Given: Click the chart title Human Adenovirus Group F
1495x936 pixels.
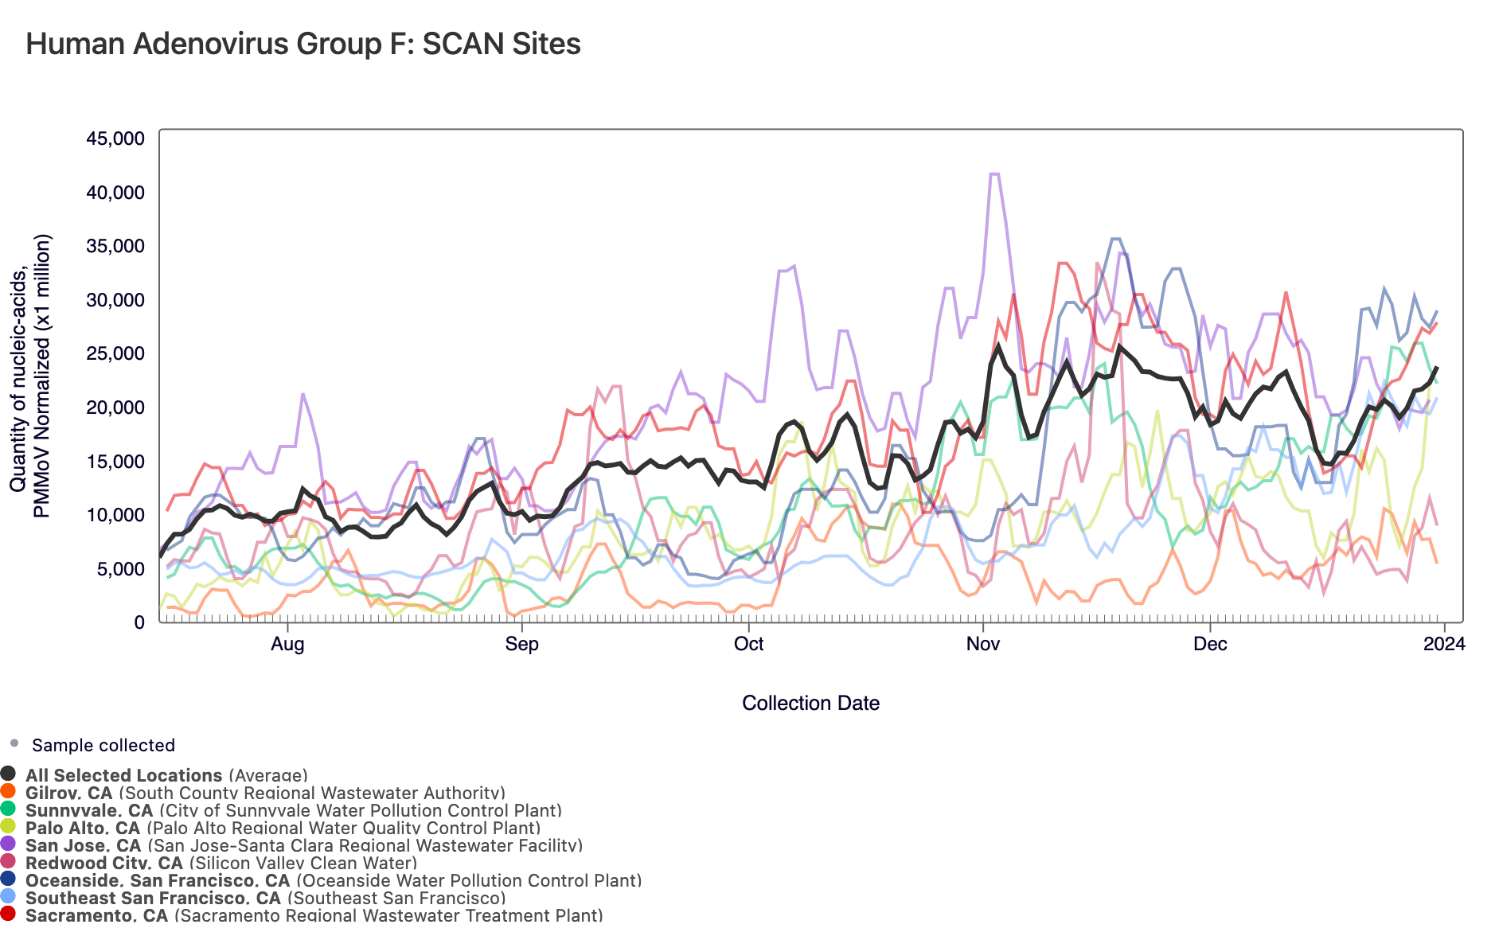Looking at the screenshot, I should (x=303, y=44).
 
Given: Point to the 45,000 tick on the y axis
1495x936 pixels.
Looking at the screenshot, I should (x=115, y=138).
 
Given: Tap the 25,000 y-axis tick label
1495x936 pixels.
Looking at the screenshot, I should (x=115, y=353).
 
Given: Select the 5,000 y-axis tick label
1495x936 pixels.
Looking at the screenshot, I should (x=120, y=569).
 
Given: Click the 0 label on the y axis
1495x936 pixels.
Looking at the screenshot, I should (x=139, y=622).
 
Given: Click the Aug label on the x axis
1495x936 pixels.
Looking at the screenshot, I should (x=287, y=644).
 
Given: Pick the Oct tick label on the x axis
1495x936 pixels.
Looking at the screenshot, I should (x=748, y=644).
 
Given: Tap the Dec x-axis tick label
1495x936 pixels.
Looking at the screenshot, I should (x=1210, y=644).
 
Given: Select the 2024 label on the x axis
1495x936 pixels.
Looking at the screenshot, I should (x=1443, y=644).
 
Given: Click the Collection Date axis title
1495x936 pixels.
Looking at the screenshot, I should (x=810, y=704).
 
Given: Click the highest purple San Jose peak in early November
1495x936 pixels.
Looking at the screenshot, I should (x=994, y=174).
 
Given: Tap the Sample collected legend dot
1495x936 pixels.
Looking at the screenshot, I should (x=14, y=743).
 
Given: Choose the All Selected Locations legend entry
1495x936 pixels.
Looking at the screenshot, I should (x=166, y=775).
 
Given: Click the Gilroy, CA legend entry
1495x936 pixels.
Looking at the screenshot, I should (x=264, y=793).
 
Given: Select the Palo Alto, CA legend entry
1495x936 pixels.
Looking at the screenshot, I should (x=283, y=828).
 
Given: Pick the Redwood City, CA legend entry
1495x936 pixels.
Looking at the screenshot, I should (x=221, y=863).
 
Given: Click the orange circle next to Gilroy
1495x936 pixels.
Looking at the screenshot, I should (x=8, y=791).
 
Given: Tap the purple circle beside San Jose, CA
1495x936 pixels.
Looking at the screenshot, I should (x=8, y=844).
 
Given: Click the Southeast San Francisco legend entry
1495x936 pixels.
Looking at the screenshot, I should (x=265, y=898).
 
